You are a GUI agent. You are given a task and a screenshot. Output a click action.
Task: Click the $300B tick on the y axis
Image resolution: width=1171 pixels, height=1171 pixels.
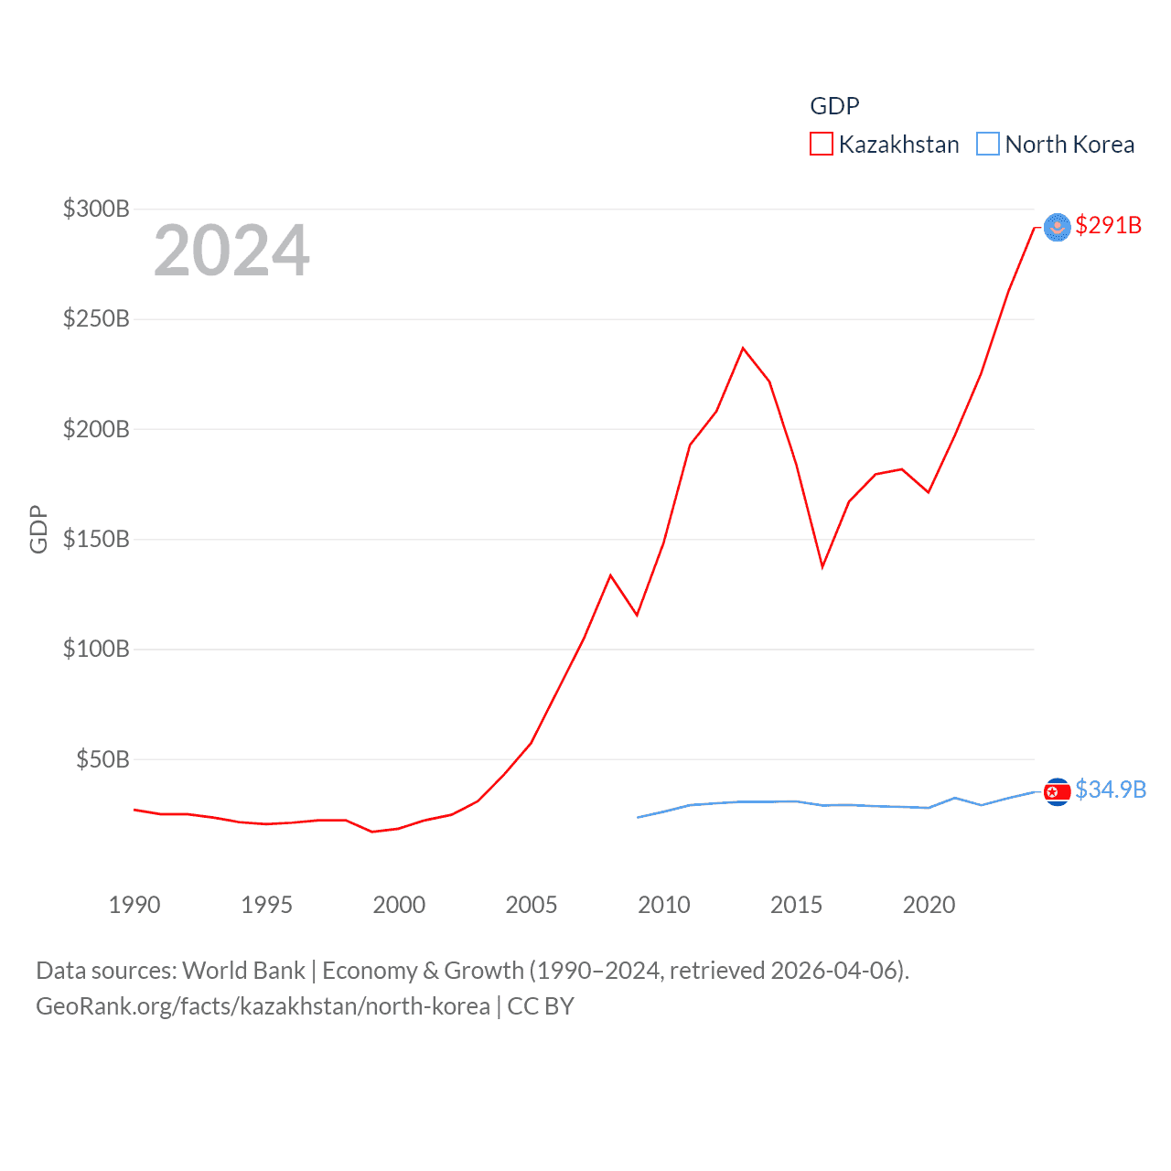[x=96, y=209]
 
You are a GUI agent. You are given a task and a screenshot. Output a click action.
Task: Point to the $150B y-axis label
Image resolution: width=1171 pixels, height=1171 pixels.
[x=96, y=539]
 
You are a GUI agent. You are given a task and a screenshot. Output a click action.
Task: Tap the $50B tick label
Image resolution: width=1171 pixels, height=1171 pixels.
[x=102, y=759]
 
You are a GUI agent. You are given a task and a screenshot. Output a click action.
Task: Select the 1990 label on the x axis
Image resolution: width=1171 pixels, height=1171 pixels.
[x=134, y=905]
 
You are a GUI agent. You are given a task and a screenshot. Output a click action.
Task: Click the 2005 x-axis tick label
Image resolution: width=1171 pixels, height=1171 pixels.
[x=532, y=905]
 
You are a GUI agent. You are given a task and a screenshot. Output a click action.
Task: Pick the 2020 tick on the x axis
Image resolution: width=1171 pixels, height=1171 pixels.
[x=929, y=905]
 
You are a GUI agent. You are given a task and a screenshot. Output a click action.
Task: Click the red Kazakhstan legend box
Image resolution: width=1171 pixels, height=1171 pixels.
[x=822, y=145]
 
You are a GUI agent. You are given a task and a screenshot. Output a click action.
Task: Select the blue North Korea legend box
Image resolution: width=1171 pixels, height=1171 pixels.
[x=988, y=145]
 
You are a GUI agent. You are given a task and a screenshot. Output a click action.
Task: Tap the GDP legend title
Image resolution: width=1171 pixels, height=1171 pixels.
[x=834, y=106]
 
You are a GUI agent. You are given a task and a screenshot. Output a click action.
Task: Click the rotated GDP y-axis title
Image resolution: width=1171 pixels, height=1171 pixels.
[x=38, y=529]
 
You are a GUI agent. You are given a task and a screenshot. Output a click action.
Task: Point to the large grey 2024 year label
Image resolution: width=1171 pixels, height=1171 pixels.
[x=231, y=251]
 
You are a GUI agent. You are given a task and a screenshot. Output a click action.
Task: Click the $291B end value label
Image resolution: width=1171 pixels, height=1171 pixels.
[x=1108, y=225]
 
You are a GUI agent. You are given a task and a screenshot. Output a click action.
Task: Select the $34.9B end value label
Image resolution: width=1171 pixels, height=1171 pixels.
[x=1111, y=790]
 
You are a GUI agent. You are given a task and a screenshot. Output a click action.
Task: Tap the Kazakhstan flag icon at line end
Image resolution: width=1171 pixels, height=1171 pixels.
[x=1057, y=227]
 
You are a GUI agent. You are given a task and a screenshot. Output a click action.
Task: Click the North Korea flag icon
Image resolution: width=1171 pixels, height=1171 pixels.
[x=1057, y=791]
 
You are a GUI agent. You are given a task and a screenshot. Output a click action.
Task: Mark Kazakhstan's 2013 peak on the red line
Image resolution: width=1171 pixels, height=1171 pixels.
[x=743, y=348]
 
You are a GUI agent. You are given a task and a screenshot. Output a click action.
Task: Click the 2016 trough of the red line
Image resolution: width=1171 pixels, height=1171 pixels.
[x=822, y=567]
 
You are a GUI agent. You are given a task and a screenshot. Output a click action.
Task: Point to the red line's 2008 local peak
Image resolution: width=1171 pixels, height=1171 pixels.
[x=610, y=575]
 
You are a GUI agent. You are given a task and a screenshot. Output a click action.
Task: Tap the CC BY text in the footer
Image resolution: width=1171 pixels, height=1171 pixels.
[x=541, y=1006]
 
